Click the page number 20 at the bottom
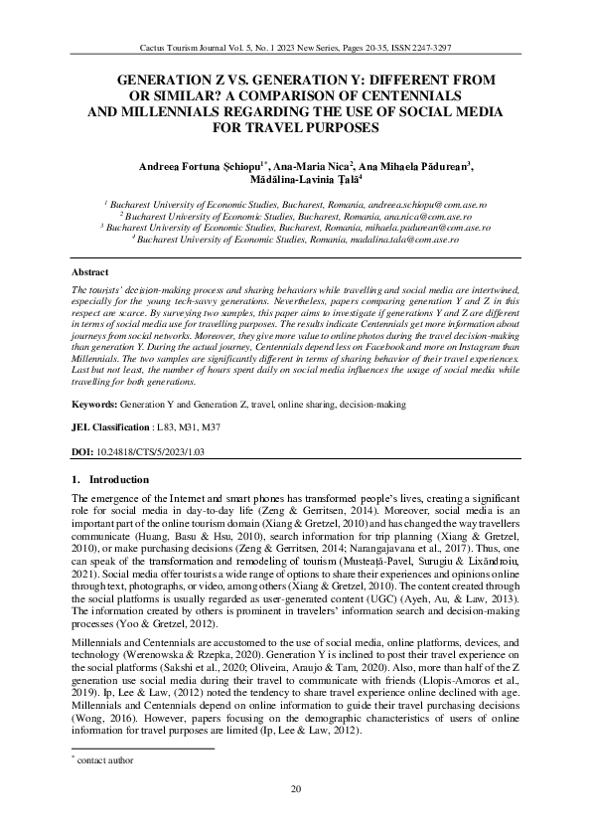pos(295,790)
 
